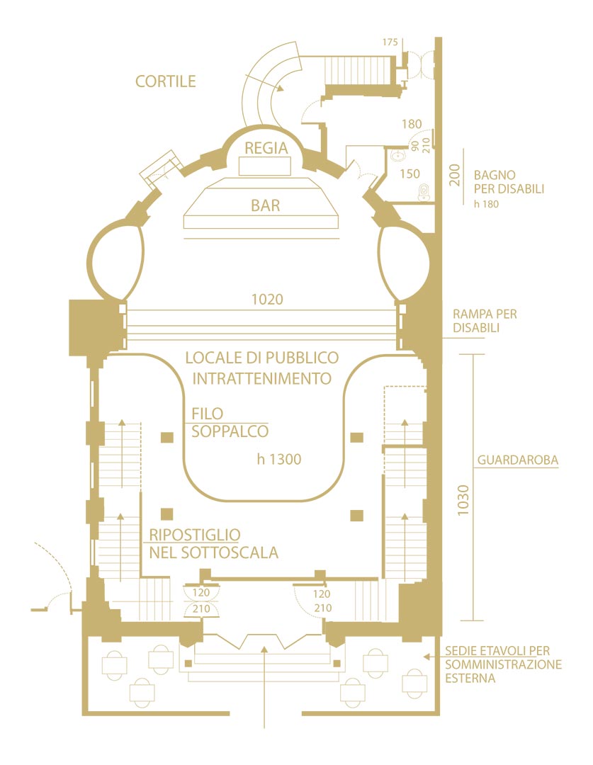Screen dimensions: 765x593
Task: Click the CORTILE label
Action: [165, 81]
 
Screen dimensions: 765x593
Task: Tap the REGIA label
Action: [266, 148]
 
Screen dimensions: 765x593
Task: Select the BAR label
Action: [265, 206]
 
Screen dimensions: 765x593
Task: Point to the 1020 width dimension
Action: [267, 300]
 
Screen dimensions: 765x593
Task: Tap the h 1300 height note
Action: [279, 460]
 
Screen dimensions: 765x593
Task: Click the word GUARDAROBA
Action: [518, 460]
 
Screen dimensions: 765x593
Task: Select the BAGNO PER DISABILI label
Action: [509, 182]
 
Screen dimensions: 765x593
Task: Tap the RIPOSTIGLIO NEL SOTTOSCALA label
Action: [213, 543]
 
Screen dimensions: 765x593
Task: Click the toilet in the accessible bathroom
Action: [424, 191]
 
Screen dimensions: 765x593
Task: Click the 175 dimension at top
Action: [390, 42]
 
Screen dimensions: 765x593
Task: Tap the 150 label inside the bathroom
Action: [410, 174]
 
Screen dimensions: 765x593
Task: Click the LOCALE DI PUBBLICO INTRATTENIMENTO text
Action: [262, 368]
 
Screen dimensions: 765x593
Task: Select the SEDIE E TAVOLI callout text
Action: [503, 664]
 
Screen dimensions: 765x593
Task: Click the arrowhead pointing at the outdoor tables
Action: [427, 657]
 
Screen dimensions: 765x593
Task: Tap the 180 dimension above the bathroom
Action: [412, 125]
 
